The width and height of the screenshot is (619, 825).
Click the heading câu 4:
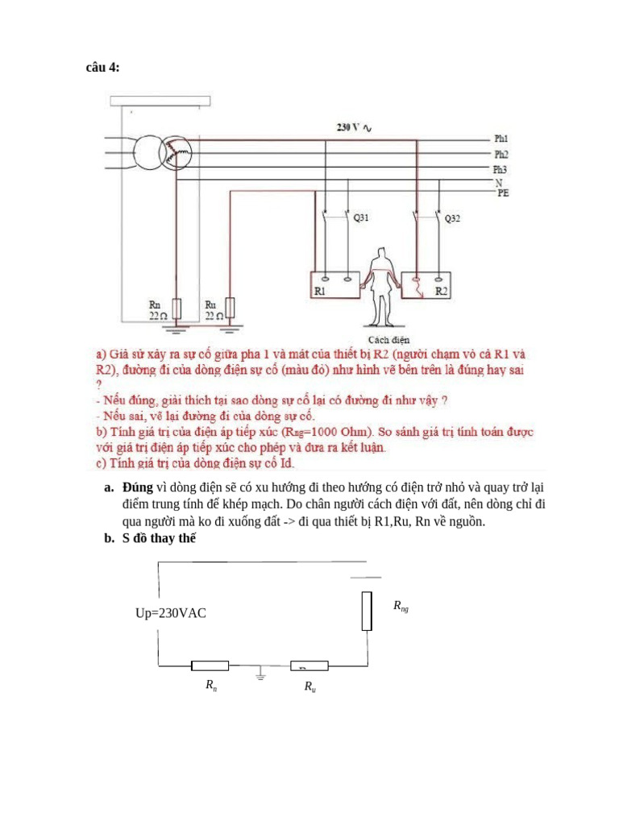[102, 68]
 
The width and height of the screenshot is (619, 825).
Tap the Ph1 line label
[501, 139]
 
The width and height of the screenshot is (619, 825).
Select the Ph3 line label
[501, 168]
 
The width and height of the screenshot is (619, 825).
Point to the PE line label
[503, 193]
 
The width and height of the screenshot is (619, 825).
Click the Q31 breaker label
[362, 218]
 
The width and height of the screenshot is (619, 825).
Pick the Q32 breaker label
[453, 218]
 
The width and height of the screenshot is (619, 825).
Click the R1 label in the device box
[320, 291]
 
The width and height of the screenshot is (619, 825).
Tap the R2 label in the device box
[441, 291]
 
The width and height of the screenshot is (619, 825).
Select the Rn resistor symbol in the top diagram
[177, 309]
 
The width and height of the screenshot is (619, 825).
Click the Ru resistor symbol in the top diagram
[231, 309]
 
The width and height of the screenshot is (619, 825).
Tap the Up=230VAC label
[171, 613]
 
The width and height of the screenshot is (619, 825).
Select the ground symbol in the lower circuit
[260, 673]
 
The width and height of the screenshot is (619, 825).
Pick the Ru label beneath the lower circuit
[309, 686]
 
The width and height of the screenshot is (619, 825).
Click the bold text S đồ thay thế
[159, 539]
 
